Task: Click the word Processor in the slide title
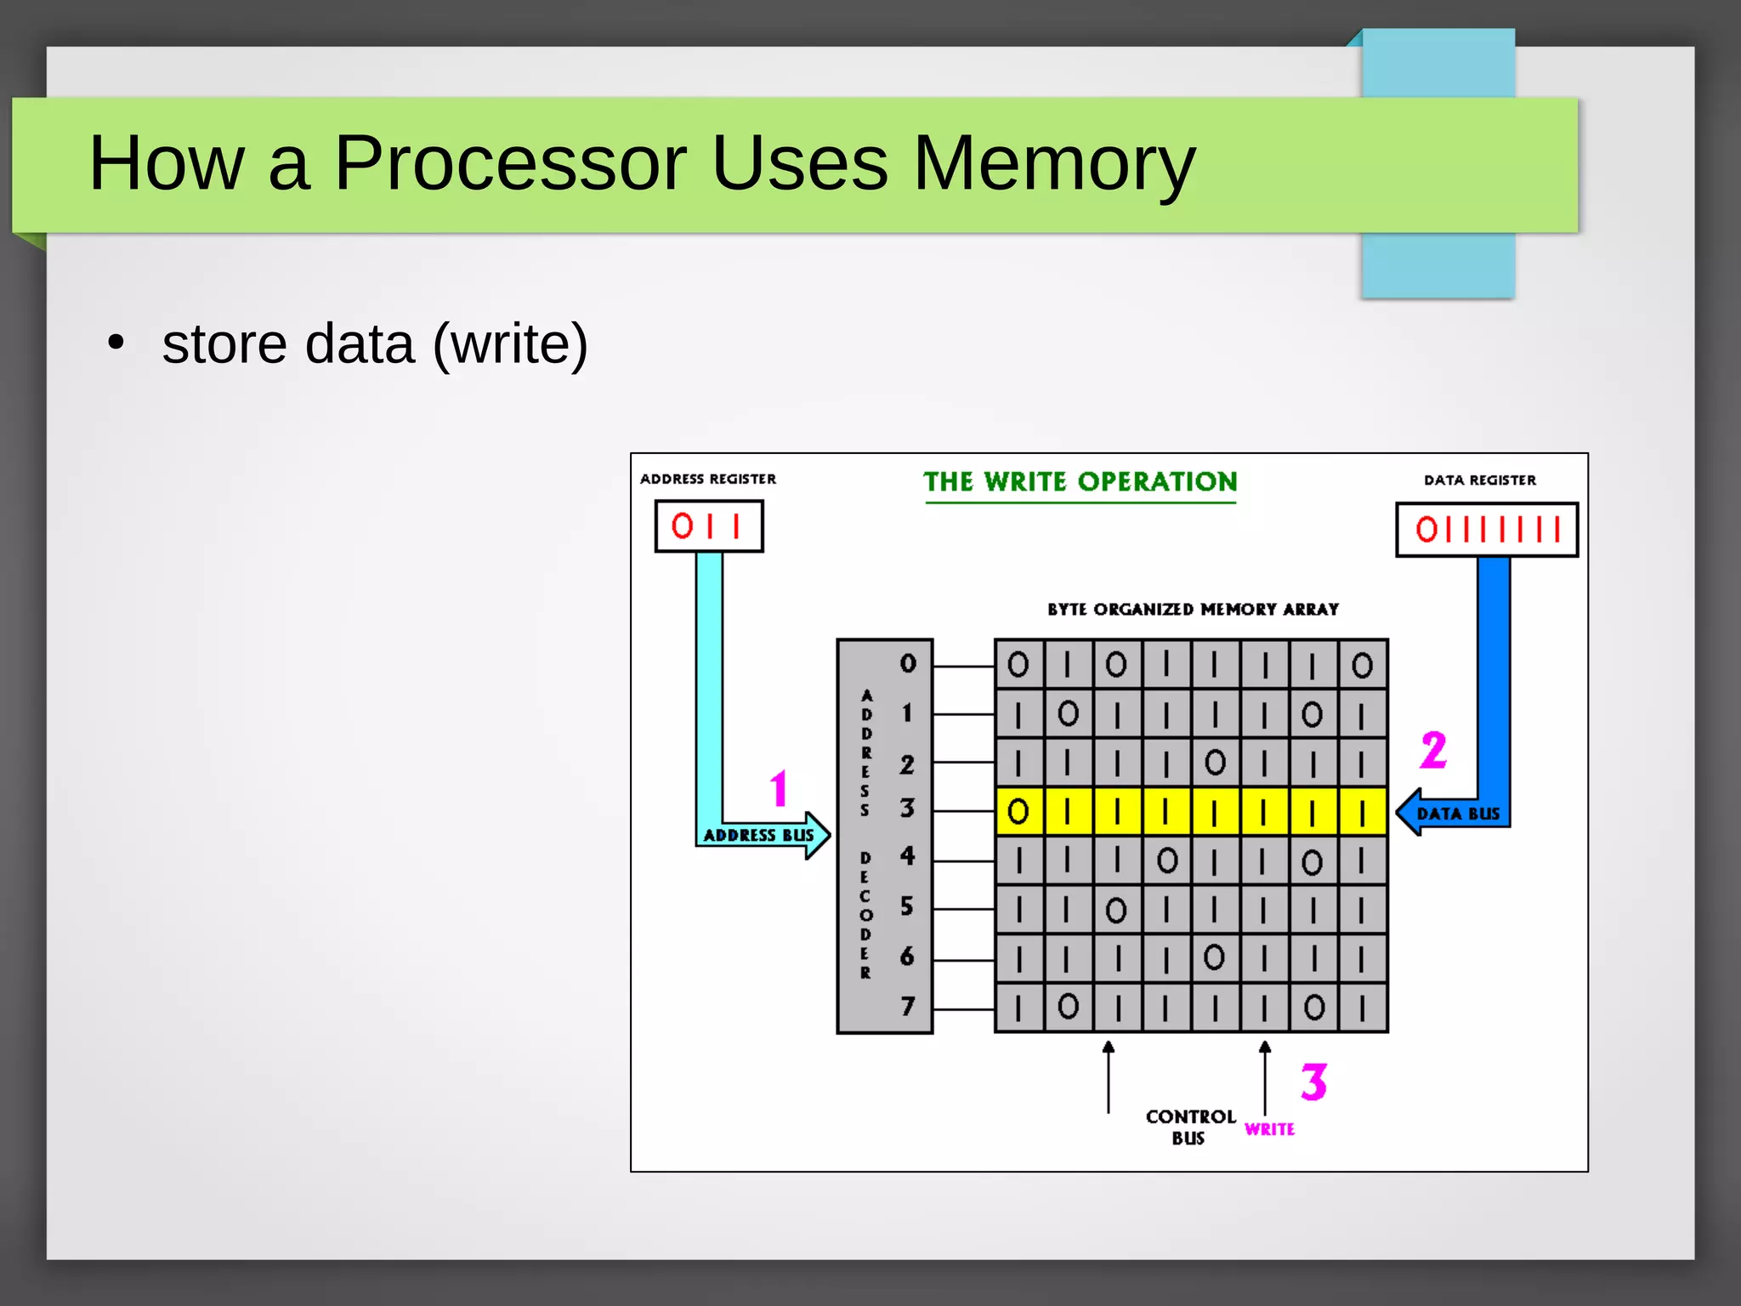[510, 162]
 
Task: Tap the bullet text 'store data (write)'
[374, 344]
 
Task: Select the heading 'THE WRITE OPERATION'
[1080, 482]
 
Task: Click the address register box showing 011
[708, 526]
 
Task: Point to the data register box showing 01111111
[1487, 530]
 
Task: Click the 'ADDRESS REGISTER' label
[708, 480]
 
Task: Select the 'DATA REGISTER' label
[1480, 480]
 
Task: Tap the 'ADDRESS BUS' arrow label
[758, 835]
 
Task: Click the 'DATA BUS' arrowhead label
[1457, 814]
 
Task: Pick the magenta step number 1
[779, 788]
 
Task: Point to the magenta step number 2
[1433, 751]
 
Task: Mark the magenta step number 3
[1313, 1082]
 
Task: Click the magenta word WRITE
[1269, 1129]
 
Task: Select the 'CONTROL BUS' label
[1190, 1127]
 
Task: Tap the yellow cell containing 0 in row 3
[1018, 812]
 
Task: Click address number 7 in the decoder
[908, 1007]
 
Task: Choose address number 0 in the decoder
[908, 664]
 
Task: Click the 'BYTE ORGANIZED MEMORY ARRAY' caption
[1193, 610]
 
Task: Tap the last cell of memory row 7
[1363, 1008]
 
